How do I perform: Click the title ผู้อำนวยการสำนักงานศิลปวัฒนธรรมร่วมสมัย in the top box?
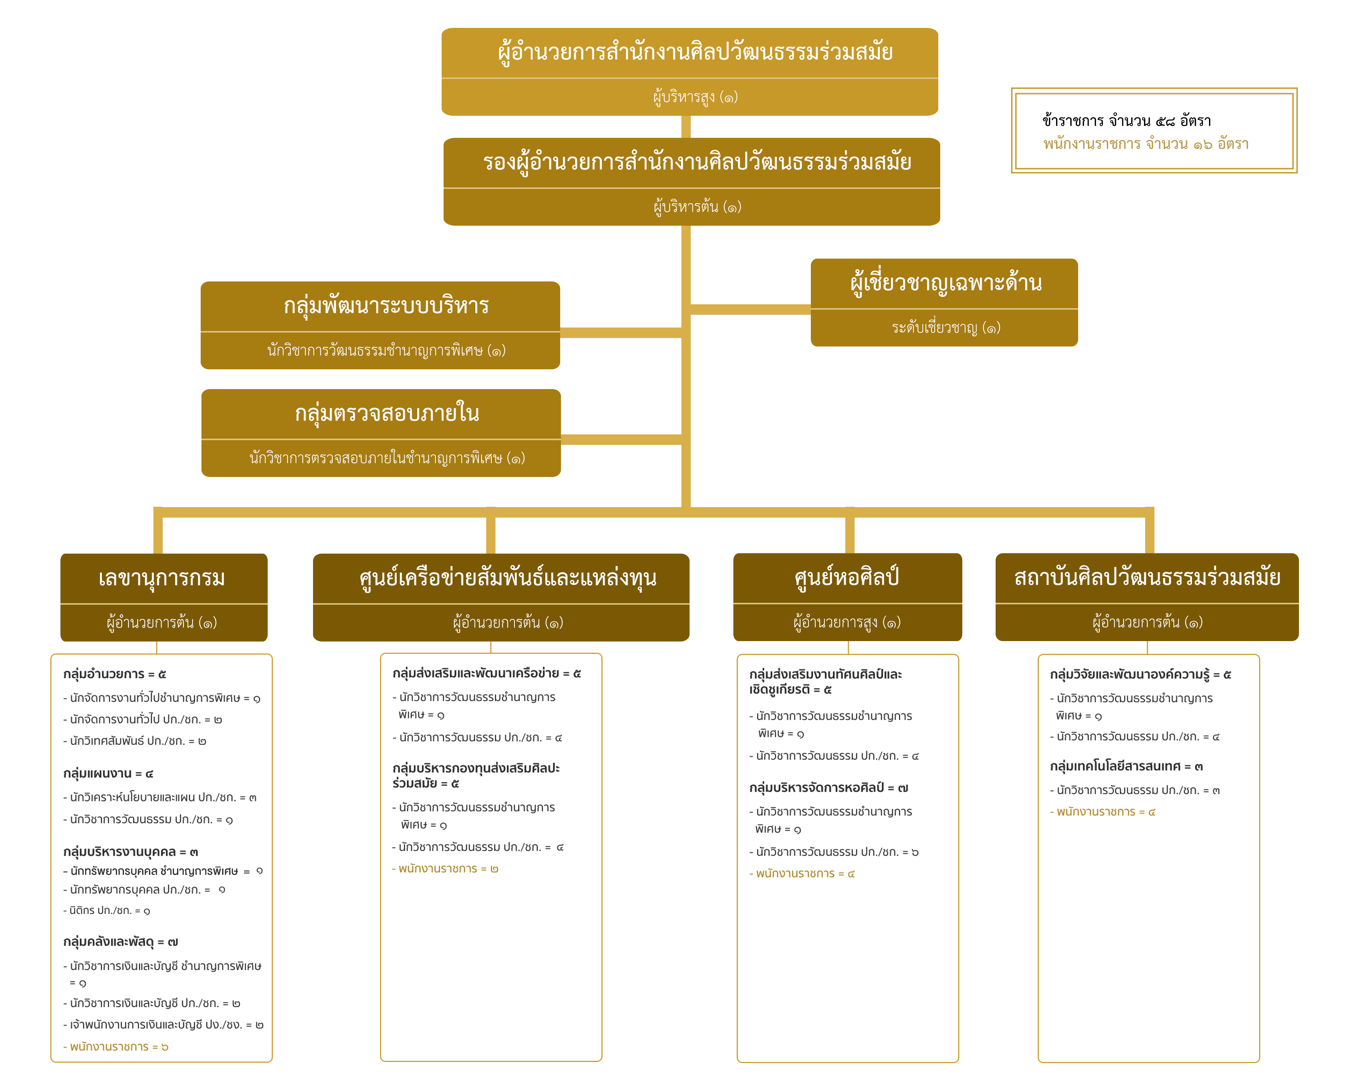695,51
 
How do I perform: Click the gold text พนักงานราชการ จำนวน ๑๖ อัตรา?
1145,144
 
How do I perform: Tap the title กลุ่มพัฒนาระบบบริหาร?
386,305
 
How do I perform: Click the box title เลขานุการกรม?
162,578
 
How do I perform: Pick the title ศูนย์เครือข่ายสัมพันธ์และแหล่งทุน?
507,578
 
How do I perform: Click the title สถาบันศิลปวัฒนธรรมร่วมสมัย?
1147,577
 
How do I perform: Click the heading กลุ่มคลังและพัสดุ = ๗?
120,942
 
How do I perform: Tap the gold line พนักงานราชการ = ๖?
115,1047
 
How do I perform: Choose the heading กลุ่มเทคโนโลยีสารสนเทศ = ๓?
1127,767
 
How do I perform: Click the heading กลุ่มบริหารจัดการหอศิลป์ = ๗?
828,788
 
